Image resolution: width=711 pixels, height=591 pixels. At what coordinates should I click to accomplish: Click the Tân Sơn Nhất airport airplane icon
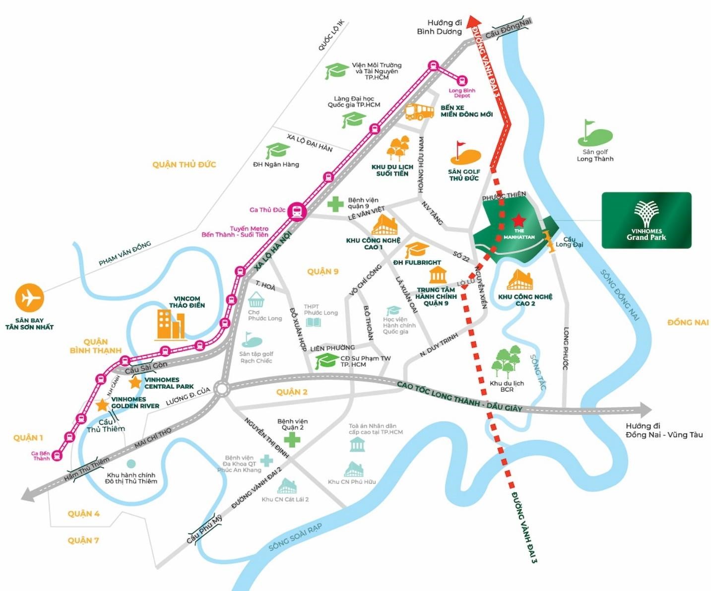click(x=29, y=298)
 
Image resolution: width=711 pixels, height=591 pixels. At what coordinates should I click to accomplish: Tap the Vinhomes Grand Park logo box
click(x=646, y=220)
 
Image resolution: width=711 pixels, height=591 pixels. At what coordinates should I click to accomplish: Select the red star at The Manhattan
click(x=518, y=220)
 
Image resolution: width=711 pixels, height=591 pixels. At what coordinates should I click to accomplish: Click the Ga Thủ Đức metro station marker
click(x=297, y=211)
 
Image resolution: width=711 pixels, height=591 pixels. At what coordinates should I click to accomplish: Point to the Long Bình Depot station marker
click(x=462, y=80)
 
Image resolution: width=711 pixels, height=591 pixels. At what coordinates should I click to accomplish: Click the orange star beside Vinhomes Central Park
click(x=135, y=382)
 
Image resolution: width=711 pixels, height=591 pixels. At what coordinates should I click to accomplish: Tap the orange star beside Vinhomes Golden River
click(x=102, y=405)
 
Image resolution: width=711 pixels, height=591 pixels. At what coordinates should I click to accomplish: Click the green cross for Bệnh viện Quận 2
click(x=292, y=439)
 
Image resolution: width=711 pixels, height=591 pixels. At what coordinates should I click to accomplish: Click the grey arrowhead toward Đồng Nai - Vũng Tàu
click(x=646, y=410)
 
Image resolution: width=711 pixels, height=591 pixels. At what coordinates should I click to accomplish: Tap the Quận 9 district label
click(x=323, y=271)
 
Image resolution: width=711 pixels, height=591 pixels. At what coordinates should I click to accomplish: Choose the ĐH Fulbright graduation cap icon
click(x=417, y=250)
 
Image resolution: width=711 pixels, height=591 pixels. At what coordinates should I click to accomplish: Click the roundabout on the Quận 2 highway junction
click(x=222, y=389)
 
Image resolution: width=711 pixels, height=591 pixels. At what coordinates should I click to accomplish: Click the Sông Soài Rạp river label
click(x=295, y=537)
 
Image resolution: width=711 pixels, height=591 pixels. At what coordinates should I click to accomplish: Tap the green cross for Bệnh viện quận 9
click(x=335, y=204)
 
